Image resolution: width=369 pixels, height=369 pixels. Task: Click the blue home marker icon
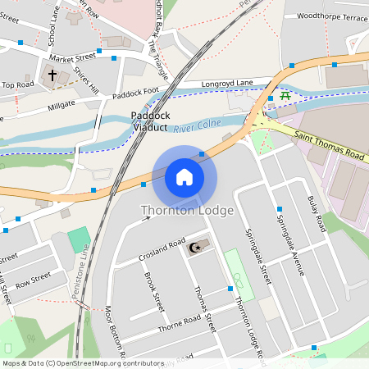click(x=184, y=177)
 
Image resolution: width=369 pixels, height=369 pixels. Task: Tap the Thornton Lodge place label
click(x=187, y=211)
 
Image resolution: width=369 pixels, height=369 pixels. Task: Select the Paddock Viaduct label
click(x=149, y=121)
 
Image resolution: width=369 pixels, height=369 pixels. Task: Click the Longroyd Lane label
click(x=229, y=83)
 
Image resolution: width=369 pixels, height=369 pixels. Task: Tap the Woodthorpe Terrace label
click(x=332, y=16)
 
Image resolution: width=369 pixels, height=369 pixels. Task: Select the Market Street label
click(x=72, y=58)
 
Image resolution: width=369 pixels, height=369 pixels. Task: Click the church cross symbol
click(x=52, y=75)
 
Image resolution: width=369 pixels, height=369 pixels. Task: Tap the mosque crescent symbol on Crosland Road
click(x=194, y=248)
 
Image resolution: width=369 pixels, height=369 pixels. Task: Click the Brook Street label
click(x=154, y=292)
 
